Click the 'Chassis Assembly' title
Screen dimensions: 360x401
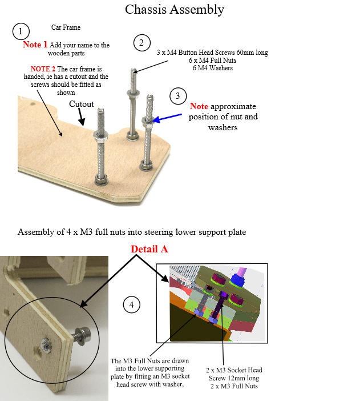click(x=175, y=10)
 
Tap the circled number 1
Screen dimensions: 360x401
click(x=21, y=31)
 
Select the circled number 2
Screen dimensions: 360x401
click(x=142, y=43)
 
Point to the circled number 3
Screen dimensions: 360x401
click(x=178, y=96)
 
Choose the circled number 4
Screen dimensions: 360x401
click(x=132, y=304)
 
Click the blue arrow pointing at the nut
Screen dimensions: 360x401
click(x=167, y=118)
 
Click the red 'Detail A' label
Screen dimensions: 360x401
click(x=149, y=249)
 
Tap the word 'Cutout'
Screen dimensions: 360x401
click(x=82, y=104)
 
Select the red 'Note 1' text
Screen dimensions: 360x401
click(x=35, y=45)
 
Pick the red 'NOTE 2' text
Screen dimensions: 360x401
click(x=43, y=69)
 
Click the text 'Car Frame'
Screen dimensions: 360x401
click(x=66, y=27)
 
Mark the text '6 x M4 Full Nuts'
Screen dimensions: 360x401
click(x=212, y=61)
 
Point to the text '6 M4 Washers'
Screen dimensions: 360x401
click(x=213, y=68)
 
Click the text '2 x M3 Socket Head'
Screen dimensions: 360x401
click(x=234, y=370)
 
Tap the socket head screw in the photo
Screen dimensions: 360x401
click(x=82, y=335)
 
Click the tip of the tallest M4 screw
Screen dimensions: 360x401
click(x=134, y=69)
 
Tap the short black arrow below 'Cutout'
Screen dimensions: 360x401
click(x=81, y=117)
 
